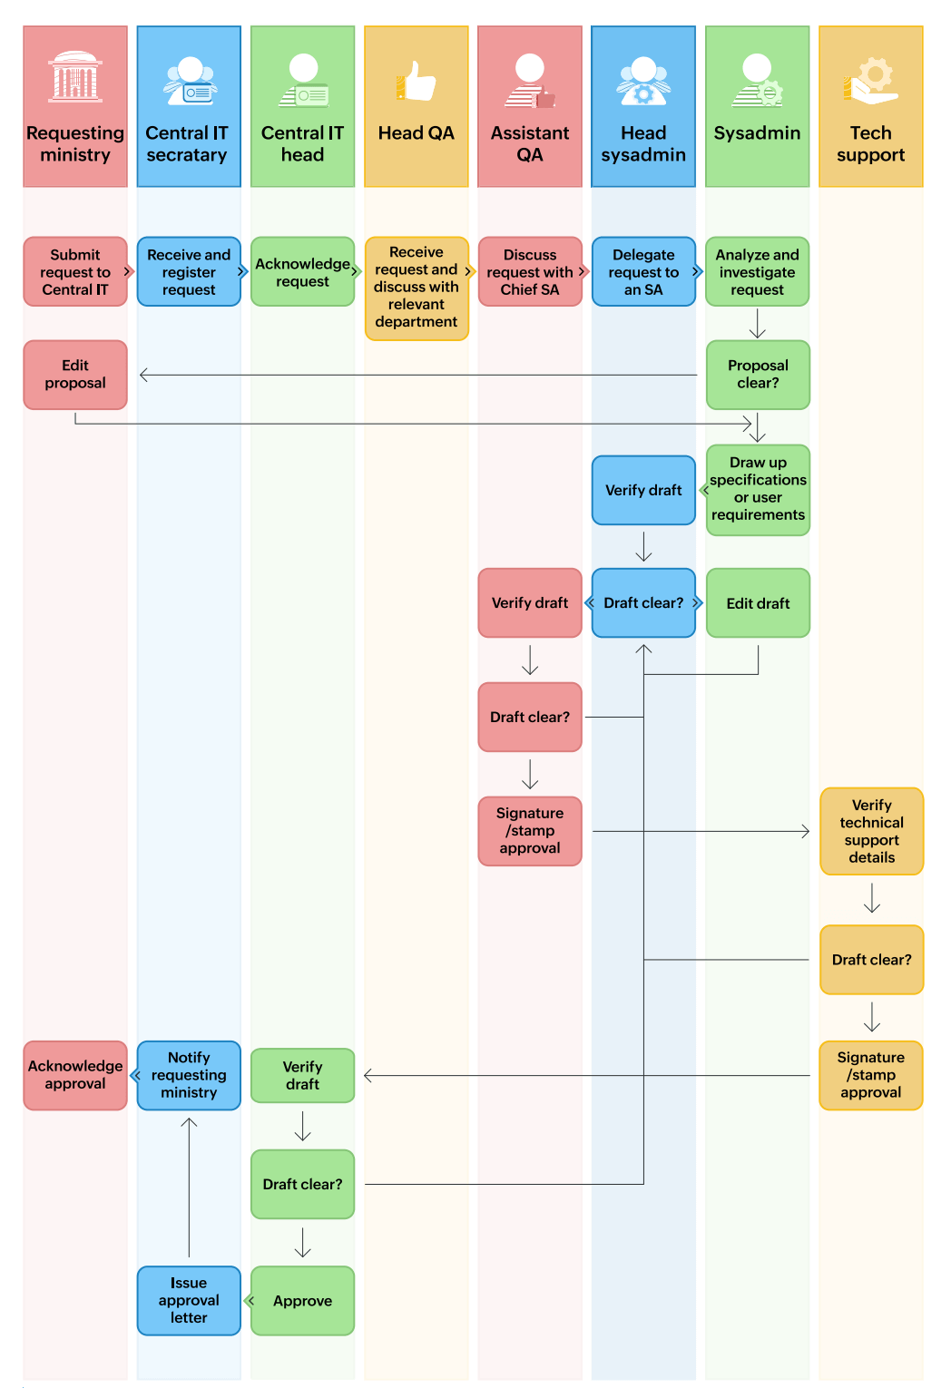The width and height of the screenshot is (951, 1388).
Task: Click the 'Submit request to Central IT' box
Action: coord(75,272)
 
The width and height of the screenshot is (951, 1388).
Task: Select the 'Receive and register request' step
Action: coord(189,272)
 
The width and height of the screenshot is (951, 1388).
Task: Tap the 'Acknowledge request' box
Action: coord(302,272)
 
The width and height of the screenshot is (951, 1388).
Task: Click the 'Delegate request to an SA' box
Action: coord(643,272)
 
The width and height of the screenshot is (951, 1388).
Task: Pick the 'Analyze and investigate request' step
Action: coord(757,272)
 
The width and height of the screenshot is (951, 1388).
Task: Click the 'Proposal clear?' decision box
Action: coord(758,375)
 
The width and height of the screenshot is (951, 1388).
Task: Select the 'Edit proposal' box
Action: coord(75,375)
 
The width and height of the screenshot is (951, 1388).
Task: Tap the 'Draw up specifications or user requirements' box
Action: coord(758,489)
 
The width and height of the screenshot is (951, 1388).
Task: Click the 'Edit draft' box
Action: coord(758,603)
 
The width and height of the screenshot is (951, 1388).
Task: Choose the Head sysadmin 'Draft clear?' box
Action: coord(643,603)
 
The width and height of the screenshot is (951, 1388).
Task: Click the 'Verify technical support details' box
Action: coord(871,831)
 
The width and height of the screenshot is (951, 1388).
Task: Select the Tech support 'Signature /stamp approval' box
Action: coord(871,1075)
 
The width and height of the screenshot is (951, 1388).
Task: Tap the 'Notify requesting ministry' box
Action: coord(189,1075)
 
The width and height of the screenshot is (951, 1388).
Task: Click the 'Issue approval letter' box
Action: coord(189,1300)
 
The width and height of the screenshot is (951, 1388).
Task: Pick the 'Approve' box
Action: coord(302,1300)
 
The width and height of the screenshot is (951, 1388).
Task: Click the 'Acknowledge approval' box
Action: coord(75,1075)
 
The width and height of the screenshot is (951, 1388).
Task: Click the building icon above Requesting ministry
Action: coord(75,76)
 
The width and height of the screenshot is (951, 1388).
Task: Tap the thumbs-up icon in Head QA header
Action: coord(417,82)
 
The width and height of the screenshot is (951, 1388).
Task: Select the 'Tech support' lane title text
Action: coord(870,144)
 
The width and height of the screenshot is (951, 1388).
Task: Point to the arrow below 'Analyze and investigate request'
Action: coord(758,324)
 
